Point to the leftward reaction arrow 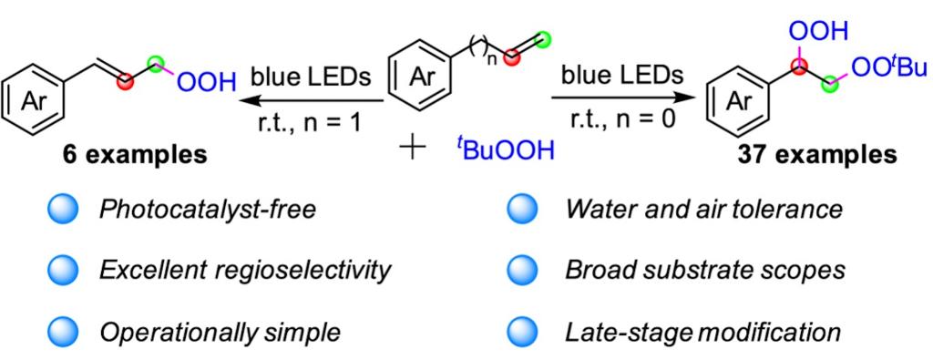(310, 100)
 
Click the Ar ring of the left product (34, 102)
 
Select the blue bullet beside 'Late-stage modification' (522, 331)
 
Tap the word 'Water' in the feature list (597, 209)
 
